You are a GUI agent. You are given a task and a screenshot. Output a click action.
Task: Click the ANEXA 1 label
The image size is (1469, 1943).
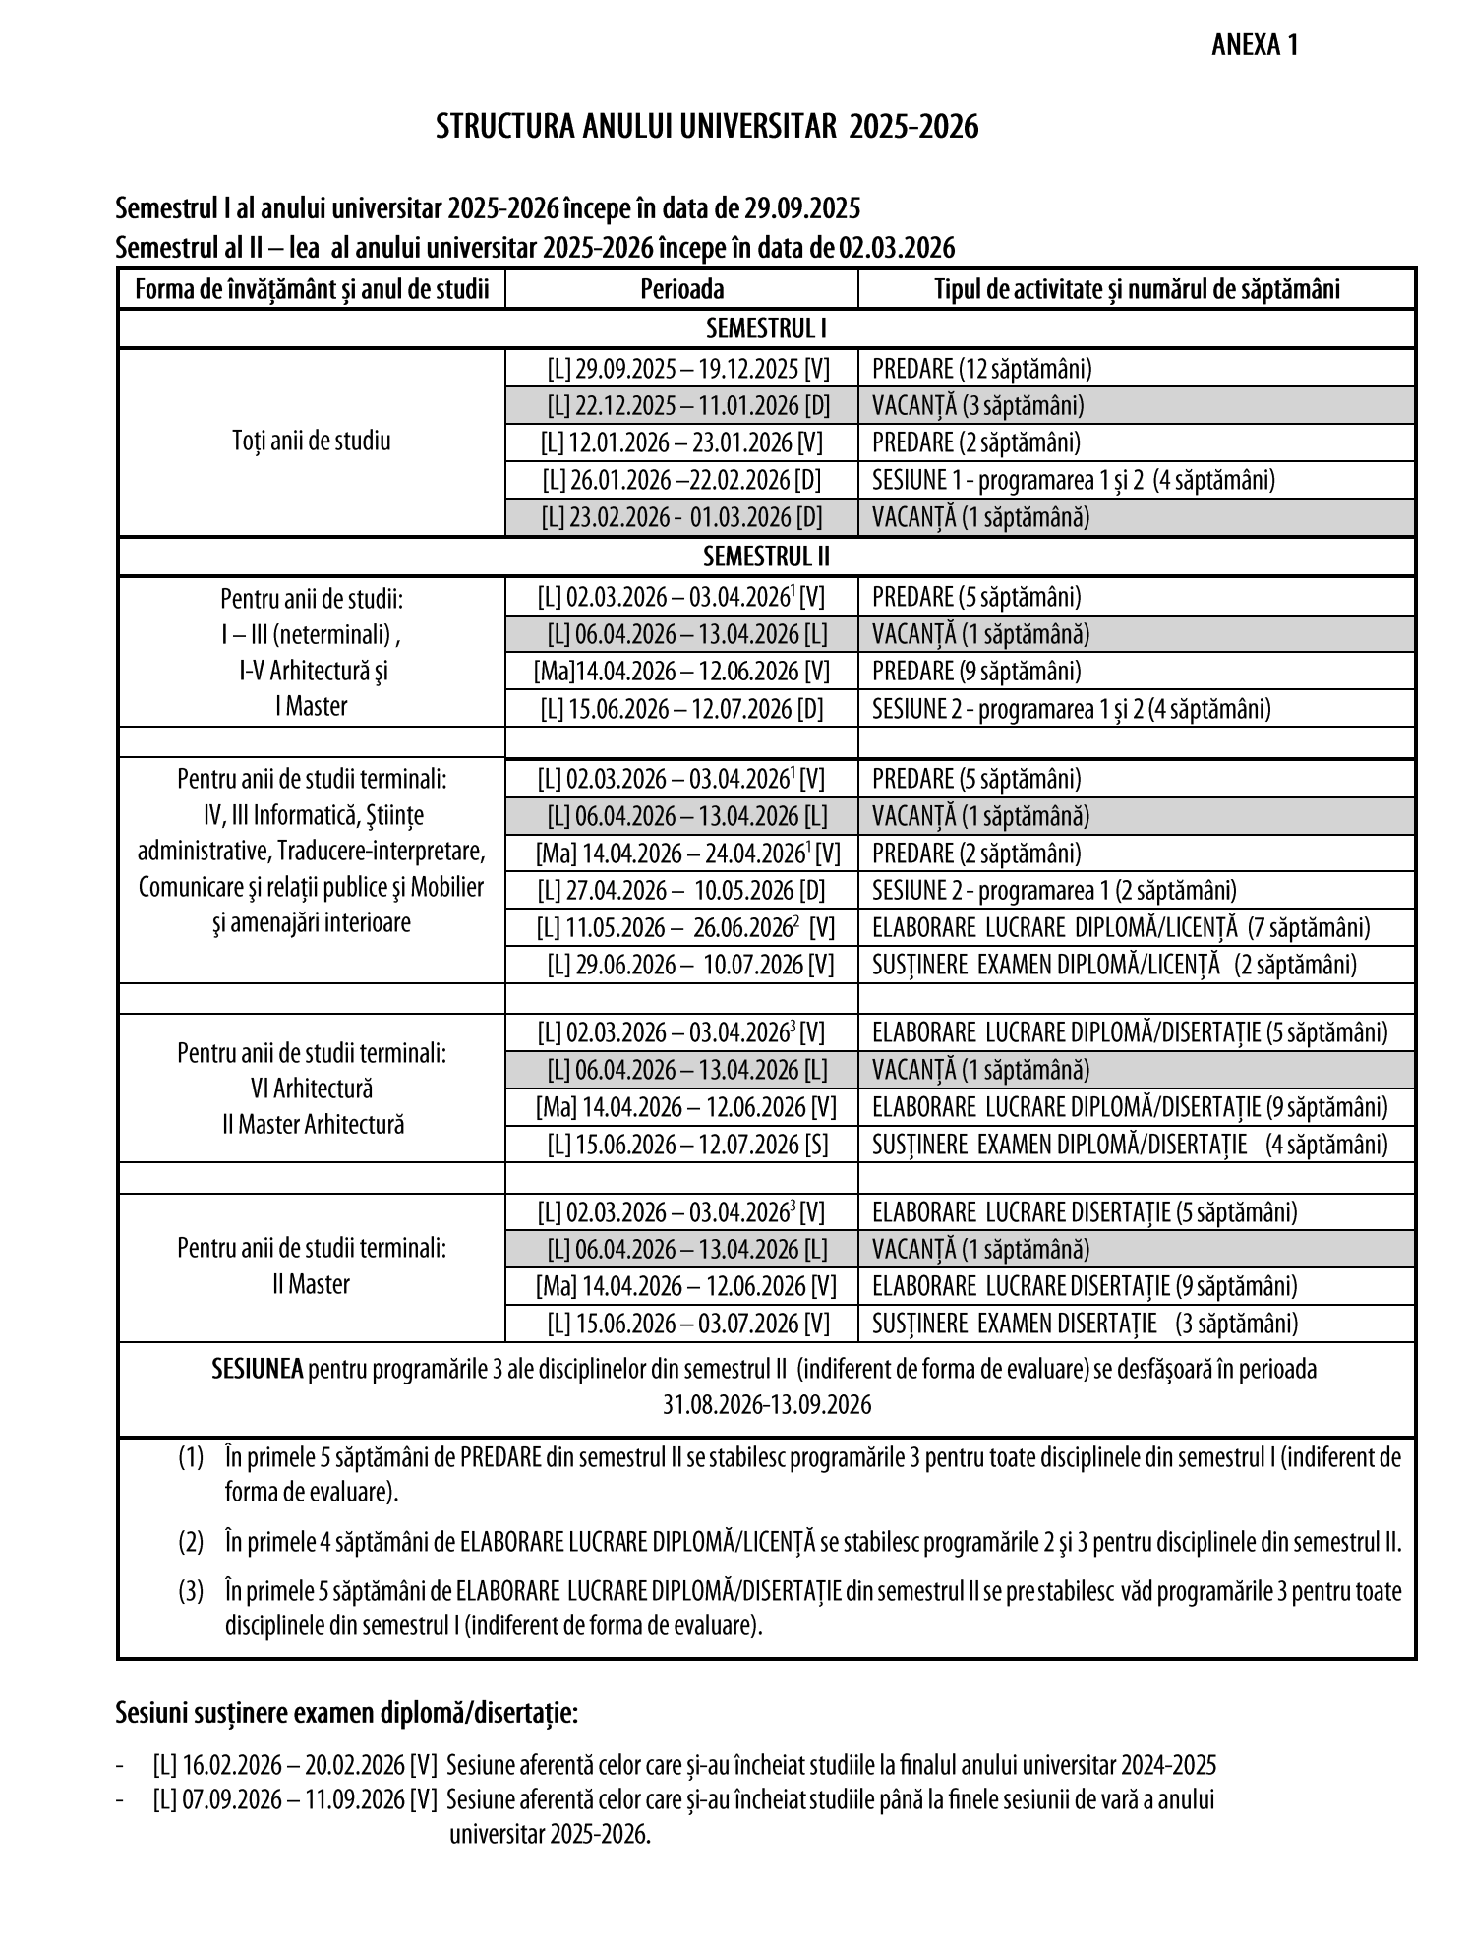[1256, 46]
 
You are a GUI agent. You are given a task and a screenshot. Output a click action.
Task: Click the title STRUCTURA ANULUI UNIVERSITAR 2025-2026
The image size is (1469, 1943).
[707, 127]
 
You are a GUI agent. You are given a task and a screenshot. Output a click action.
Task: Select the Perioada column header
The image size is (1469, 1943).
[681, 289]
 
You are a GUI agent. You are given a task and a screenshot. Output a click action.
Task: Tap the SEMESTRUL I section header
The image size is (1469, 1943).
[766, 327]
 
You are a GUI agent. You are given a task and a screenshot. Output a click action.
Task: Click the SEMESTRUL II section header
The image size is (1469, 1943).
[766, 557]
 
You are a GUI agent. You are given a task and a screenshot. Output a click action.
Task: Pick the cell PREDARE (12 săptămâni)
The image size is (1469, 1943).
[981, 369]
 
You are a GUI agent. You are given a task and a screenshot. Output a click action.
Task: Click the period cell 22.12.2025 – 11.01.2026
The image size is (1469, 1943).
[681, 405]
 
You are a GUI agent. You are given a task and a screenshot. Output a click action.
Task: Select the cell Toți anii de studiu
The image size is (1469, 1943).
[311, 441]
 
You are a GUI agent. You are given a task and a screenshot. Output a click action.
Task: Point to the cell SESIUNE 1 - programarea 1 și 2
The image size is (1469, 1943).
[1073, 480]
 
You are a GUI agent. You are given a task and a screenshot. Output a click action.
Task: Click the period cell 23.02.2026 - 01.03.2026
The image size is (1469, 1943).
[681, 517]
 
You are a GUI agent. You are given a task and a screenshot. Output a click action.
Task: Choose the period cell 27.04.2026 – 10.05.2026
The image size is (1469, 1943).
[681, 890]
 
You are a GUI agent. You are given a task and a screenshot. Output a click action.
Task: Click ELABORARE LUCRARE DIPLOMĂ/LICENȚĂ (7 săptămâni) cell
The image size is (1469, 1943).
[1120, 927]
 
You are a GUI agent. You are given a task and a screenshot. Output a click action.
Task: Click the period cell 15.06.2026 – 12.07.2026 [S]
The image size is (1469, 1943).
[688, 1145]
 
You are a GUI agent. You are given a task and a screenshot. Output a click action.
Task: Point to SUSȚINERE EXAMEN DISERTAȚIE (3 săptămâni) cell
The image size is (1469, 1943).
[1084, 1324]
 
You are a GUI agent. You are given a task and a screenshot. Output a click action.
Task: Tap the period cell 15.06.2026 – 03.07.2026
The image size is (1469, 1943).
[688, 1324]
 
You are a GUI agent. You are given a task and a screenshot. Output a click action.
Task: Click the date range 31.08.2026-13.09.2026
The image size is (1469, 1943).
[766, 1404]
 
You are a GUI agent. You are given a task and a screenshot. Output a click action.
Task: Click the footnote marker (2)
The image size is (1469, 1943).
[191, 1541]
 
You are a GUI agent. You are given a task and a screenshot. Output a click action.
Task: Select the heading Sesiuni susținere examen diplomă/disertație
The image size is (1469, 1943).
[346, 1713]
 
